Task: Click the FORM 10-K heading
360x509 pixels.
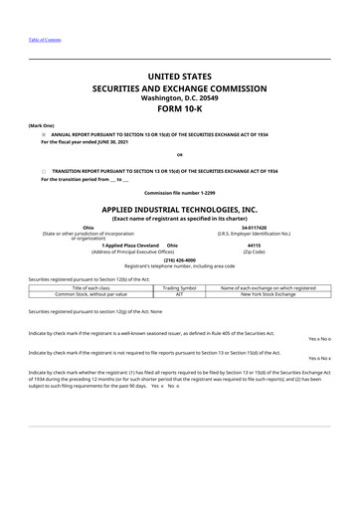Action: click(179, 111)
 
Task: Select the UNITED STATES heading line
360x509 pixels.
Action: click(179, 76)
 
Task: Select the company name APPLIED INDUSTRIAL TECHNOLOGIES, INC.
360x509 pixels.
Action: click(179, 211)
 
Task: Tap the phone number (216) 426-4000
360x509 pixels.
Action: click(179, 260)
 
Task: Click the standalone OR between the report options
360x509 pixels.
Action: click(179, 155)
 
